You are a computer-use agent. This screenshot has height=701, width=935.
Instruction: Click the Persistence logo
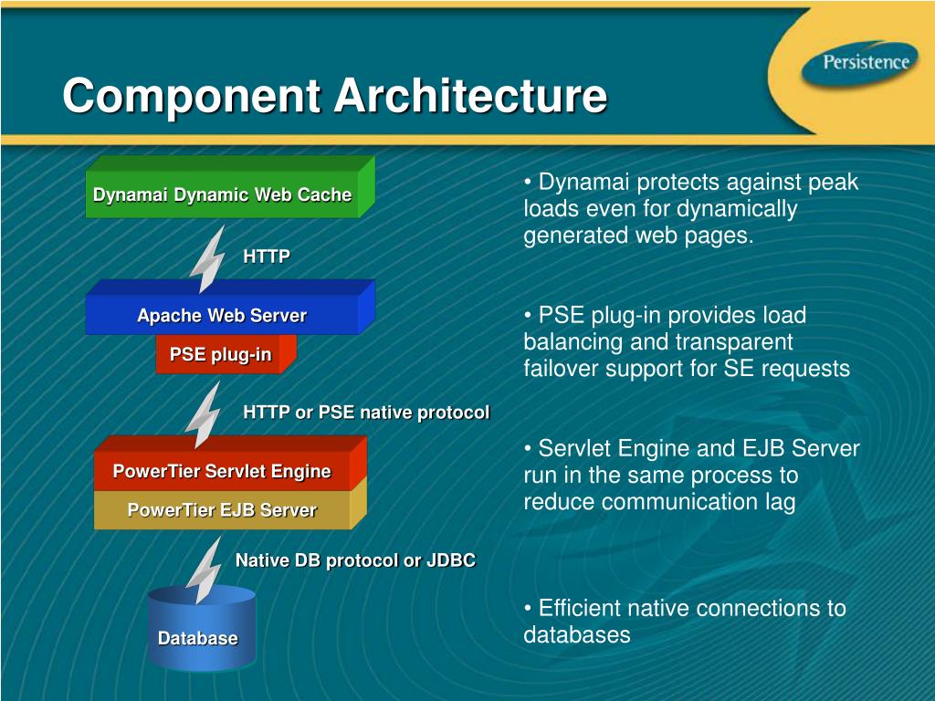point(865,63)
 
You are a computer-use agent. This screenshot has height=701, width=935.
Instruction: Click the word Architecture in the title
point(469,97)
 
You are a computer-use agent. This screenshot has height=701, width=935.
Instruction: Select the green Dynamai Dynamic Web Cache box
point(222,194)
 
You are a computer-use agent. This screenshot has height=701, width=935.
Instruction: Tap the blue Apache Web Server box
point(222,316)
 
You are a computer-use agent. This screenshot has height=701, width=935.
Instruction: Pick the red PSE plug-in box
point(220,354)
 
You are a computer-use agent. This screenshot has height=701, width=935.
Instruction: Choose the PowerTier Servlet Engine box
point(222,472)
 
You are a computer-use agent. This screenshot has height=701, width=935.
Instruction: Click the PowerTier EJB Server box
point(222,510)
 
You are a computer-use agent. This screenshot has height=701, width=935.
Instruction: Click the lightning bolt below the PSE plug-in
point(203,413)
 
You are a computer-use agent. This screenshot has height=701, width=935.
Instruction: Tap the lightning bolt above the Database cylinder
point(203,568)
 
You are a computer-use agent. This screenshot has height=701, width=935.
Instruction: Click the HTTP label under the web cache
point(267,257)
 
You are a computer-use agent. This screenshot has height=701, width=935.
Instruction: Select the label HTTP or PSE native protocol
point(366,413)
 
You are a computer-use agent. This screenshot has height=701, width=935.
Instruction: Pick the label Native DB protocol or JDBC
point(355,560)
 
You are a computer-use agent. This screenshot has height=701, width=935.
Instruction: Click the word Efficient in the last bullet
point(581,608)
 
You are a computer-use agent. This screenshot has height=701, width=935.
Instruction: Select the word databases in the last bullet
point(576,634)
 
